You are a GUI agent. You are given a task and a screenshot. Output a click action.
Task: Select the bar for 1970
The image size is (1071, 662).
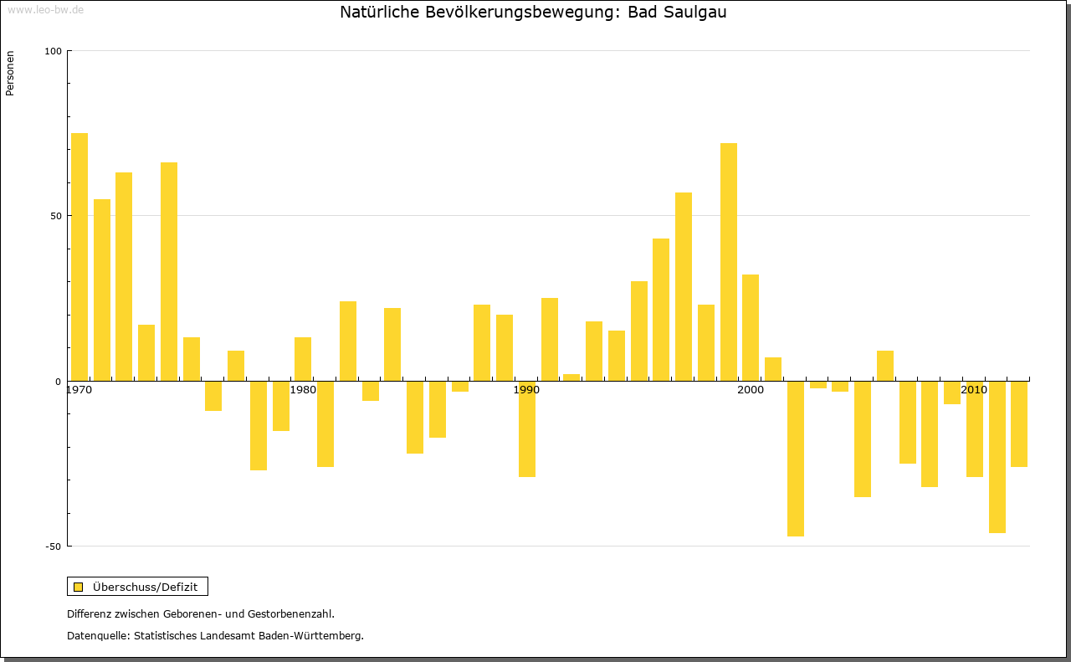[79, 256]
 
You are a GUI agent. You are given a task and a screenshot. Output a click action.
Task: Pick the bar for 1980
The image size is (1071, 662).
[303, 359]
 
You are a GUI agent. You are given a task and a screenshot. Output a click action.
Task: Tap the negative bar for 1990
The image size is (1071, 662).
[527, 429]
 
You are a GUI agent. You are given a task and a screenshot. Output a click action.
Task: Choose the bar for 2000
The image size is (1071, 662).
[751, 327]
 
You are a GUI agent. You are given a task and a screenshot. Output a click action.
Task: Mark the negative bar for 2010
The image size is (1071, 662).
[974, 429]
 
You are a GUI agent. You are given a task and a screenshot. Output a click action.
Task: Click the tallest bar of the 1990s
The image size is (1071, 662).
[728, 262]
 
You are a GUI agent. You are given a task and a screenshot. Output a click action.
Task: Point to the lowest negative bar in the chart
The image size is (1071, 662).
[796, 459]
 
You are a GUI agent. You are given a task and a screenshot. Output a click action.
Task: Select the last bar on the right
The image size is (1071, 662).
[1019, 423]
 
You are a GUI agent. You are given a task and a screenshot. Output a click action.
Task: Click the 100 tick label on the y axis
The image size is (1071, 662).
[54, 51]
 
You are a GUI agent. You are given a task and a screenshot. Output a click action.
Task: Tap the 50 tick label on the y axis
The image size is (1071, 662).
[56, 216]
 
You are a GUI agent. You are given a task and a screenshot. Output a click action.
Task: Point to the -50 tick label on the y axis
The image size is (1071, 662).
[54, 547]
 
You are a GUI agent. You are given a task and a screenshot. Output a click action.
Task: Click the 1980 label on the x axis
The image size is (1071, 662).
[303, 390]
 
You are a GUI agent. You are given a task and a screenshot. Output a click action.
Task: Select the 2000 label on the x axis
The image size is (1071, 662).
[751, 390]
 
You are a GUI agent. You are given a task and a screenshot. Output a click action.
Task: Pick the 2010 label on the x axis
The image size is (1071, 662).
[974, 390]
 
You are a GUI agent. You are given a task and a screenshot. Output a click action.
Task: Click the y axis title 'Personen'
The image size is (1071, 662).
[10, 74]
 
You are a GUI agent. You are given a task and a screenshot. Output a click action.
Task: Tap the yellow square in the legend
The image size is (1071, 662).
[79, 587]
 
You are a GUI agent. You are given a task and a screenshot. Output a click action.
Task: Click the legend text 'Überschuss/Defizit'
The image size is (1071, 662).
[146, 587]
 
